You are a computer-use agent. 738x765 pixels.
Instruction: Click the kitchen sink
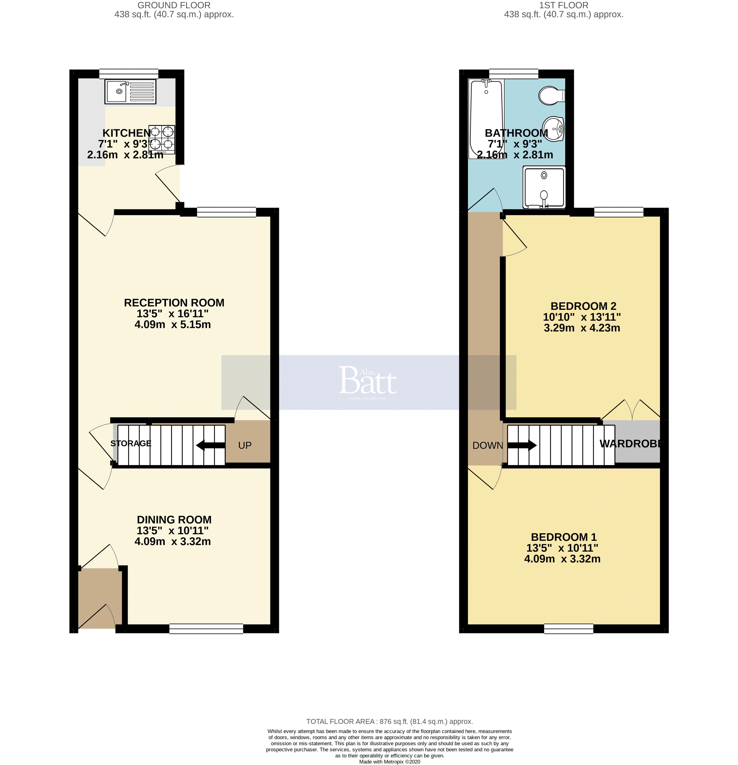130,92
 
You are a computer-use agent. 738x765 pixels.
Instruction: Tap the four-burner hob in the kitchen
162,139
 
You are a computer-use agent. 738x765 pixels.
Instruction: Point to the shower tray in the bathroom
544,187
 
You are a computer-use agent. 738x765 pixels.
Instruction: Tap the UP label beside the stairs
245,445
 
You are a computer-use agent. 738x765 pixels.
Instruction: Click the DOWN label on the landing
487,445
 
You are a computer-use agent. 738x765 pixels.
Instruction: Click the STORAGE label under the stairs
131,443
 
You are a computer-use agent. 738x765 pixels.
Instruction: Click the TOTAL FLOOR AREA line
389,722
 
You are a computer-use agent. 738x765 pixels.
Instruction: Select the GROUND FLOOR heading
174,6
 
